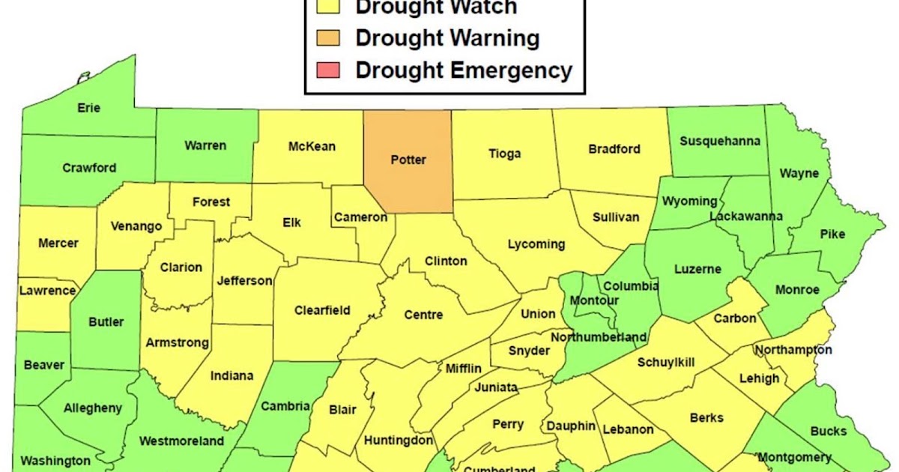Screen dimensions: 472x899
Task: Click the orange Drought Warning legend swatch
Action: pyautogui.click(x=328, y=37)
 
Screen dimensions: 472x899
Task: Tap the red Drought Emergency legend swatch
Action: pyautogui.click(x=328, y=70)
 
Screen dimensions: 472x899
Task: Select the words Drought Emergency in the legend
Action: pyautogui.click(x=463, y=70)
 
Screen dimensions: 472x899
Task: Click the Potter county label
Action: pyautogui.click(x=408, y=160)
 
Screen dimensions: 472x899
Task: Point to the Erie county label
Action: pyautogui.click(x=88, y=107)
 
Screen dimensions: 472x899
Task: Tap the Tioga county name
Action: pyautogui.click(x=504, y=154)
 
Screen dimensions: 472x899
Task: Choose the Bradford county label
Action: pyautogui.click(x=614, y=148)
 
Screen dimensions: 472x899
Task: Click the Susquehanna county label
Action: pyautogui.click(x=719, y=141)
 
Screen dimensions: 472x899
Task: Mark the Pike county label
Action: pyautogui.click(x=832, y=234)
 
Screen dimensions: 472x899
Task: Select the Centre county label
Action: pyautogui.click(x=423, y=315)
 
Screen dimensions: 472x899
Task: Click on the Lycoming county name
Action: pyautogui.click(x=536, y=244)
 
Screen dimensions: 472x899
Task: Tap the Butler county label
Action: pyautogui.click(x=106, y=321)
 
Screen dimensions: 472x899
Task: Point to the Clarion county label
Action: pyautogui.click(x=181, y=267)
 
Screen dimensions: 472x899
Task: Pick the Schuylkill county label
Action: pyautogui.click(x=665, y=362)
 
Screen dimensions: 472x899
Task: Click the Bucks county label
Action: pyautogui.click(x=827, y=431)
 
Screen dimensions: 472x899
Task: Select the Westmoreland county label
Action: pyautogui.click(x=181, y=441)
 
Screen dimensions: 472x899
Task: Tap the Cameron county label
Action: pyautogui.click(x=360, y=217)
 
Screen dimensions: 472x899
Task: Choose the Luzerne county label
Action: pyautogui.click(x=697, y=268)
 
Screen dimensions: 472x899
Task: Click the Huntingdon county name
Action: pyautogui.click(x=398, y=440)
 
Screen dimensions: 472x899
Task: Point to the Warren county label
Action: pyautogui.click(x=205, y=145)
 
